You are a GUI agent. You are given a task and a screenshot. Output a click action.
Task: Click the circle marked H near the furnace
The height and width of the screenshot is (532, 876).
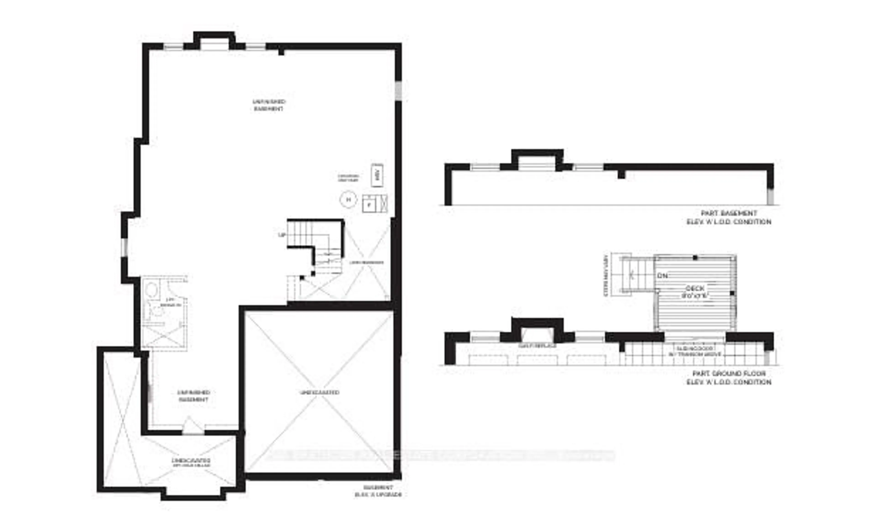348,200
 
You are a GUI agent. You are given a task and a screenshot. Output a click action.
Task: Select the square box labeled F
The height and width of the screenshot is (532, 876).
369,204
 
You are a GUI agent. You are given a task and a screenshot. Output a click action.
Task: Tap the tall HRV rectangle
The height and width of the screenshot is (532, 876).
377,175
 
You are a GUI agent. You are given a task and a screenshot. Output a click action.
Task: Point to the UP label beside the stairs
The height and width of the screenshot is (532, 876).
282,235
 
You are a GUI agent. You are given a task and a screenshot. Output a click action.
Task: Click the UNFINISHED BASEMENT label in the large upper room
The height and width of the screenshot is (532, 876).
269,105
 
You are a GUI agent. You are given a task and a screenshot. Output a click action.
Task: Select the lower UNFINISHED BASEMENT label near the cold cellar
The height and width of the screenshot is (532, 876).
193,396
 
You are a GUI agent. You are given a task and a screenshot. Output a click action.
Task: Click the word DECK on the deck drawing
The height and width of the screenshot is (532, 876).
695,288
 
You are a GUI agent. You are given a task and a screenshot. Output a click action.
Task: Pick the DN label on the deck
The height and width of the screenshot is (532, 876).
662,275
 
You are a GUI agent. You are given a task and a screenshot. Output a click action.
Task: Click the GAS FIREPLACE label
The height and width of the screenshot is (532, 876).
537,346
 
